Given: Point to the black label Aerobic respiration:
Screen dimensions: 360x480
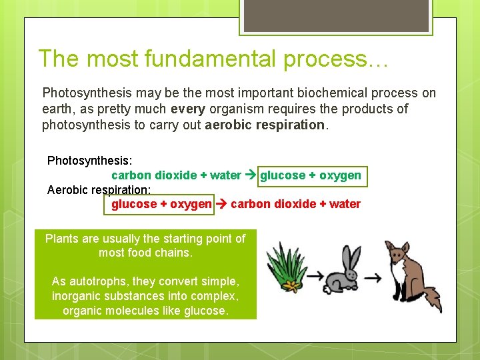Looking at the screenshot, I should (x=99, y=189).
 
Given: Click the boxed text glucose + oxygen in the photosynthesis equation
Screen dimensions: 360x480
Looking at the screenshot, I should (x=311, y=175).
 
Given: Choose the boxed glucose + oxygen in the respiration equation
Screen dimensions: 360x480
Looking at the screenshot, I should (x=161, y=204).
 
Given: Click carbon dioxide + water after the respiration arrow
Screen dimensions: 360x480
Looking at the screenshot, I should (x=295, y=204).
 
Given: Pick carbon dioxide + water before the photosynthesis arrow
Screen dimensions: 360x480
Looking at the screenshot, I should (x=176, y=175).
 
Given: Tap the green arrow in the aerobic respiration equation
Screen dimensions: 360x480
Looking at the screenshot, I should (x=221, y=204).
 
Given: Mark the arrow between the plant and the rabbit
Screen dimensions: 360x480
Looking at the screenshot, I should (x=315, y=275).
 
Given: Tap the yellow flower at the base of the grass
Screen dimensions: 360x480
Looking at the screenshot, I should (x=291, y=286).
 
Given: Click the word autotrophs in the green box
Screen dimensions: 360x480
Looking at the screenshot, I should (x=103, y=281).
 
